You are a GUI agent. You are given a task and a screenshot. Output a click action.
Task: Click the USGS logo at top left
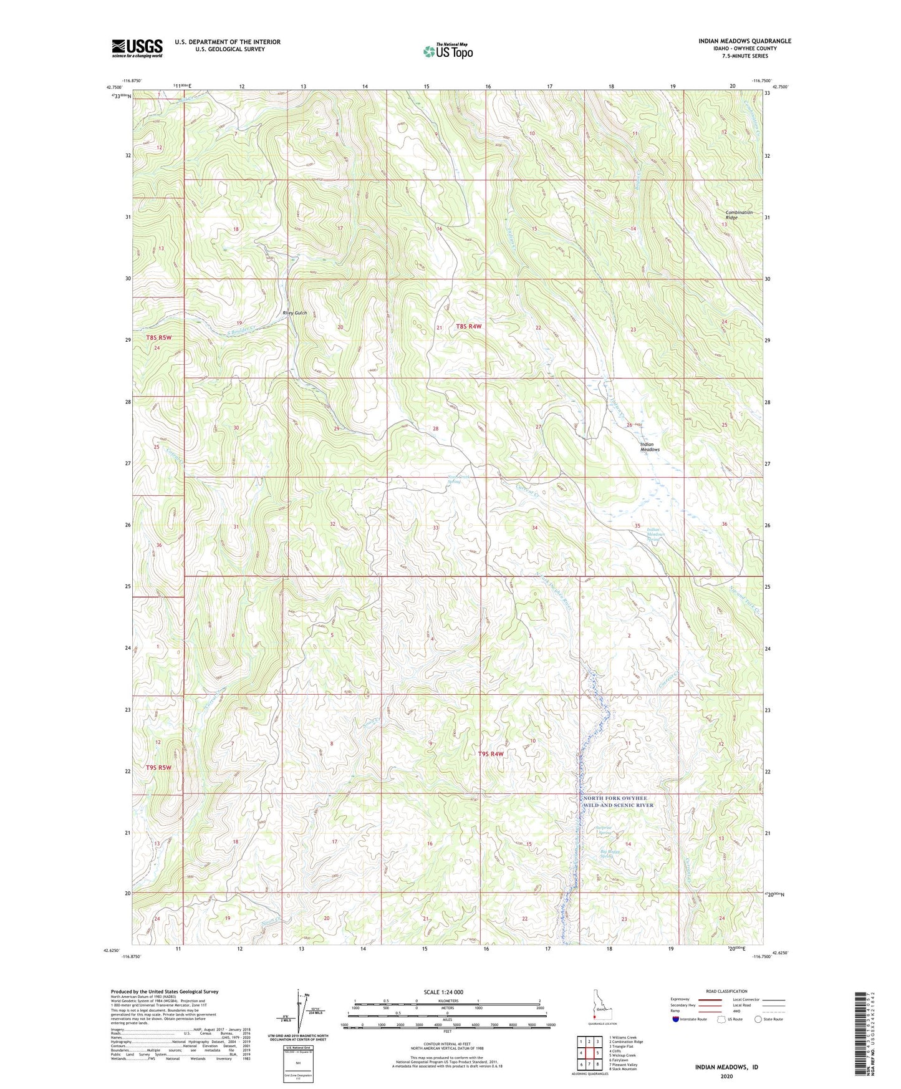tap(137, 47)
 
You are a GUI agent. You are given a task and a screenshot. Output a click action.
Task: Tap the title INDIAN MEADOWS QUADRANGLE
tap(744, 41)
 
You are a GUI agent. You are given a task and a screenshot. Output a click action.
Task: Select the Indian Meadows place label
tap(650, 447)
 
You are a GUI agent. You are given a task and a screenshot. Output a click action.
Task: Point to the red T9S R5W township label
tap(158, 768)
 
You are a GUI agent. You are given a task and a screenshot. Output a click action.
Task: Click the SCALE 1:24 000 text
tap(443, 992)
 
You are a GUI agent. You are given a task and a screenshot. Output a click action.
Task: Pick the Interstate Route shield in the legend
tap(677, 1019)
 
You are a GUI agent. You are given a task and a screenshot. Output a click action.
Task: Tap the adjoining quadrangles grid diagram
tap(589, 1052)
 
